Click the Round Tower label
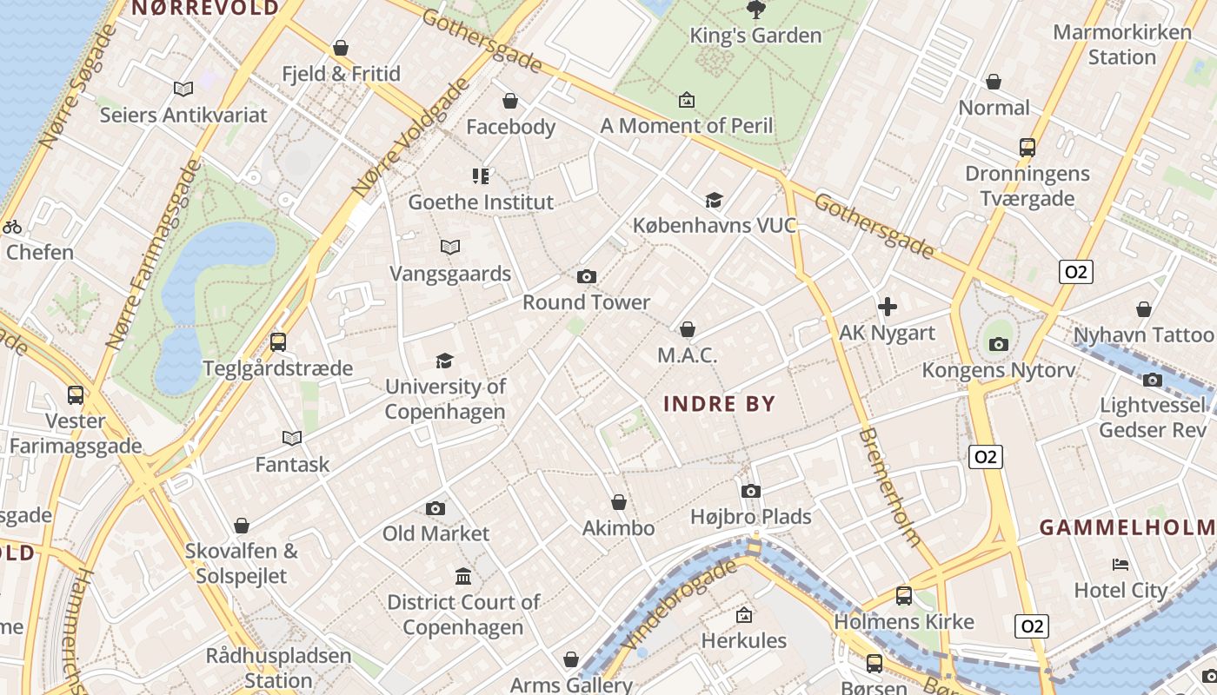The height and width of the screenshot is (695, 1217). click(x=586, y=302)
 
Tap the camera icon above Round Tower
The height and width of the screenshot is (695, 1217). click(x=587, y=276)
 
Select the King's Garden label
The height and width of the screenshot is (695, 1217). click(x=755, y=36)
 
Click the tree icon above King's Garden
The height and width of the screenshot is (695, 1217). click(x=755, y=10)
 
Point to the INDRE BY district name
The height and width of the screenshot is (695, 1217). click(x=719, y=404)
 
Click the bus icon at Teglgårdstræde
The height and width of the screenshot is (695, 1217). click(x=278, y=342)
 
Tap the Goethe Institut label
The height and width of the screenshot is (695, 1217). click(x=481, y=202)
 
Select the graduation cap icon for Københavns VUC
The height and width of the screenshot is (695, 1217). click(x=714, y=200)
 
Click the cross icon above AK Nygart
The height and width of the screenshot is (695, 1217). click(x=887, y=307)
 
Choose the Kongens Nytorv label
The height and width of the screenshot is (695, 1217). click(x=998, y=370)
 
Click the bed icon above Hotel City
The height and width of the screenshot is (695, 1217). click(x=1120, y=565)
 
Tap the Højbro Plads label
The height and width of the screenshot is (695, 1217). click(x=750, y=517)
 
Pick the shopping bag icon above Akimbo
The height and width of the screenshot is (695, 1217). click(x=619, y=502)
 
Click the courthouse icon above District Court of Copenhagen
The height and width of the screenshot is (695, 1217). click(x=463, y=576)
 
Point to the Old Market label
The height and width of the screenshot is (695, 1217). click(x=436, y=533)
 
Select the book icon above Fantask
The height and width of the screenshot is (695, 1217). click(x=292, y=439)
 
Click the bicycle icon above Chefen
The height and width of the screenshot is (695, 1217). click(x=12, y=227)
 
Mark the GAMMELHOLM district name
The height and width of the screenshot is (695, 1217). click(x=1127, y=527)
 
